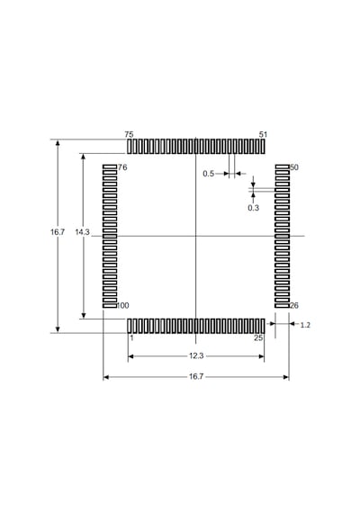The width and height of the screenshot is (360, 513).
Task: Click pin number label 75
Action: [x=129, y=134]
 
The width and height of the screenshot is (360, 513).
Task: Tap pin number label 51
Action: [x=263, y=134]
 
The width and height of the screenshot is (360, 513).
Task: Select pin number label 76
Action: [x=122, y=167]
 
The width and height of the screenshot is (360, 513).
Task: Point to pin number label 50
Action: [x=294, y=167]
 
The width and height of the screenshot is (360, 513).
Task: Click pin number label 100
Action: [x=122, y=306]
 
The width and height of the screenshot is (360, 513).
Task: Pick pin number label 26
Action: [x=294, y=306]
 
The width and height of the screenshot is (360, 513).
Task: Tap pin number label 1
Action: [x=131, y=338]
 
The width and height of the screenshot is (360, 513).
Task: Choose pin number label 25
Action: [x=258, y=338]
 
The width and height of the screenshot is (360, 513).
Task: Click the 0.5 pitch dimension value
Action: [x=208, y=174]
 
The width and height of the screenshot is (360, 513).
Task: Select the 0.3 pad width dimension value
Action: [x=253, y=208]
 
